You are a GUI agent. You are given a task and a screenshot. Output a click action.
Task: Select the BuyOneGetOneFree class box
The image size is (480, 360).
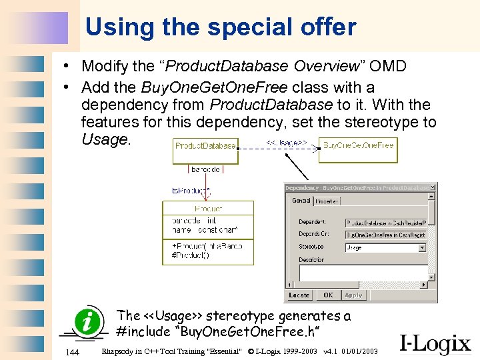(x=358, y=145)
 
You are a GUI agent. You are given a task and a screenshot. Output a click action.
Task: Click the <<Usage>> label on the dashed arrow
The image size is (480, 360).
(x=287, y=142)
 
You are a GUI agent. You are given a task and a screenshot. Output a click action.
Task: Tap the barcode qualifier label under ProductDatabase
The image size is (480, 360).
(x=205, y=169)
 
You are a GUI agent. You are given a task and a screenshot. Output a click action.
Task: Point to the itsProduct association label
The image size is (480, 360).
(x=191, y=191)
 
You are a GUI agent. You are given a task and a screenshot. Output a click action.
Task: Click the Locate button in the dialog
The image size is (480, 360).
(x=299, y=295)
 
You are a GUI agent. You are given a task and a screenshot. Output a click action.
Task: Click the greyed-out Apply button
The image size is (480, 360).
(x=353, y=295)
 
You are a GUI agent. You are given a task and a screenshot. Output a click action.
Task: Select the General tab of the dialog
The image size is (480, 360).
(x=301, y=201)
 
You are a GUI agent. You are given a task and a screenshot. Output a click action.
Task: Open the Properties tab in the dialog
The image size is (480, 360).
(x=327, y=201)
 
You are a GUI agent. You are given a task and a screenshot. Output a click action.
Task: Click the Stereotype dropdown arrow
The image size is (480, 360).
(x=422, y=247)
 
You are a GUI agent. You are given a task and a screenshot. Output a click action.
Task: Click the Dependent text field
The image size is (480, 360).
(x=385, y=223)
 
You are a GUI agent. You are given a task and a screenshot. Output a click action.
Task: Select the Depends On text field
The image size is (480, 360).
(x=385, y=235)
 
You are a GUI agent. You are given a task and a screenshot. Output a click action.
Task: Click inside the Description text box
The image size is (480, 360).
(x=363, y=273)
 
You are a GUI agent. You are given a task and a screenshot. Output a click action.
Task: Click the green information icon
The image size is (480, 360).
(x=90, y=323)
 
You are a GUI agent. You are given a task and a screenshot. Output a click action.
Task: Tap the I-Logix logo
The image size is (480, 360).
(x=435, y=343)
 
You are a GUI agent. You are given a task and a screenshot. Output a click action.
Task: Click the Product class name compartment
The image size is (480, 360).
(x=208, y=209)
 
